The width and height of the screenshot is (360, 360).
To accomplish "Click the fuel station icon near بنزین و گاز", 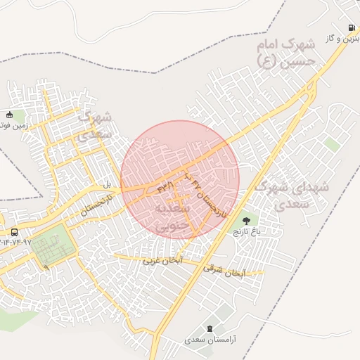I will pos(349,28).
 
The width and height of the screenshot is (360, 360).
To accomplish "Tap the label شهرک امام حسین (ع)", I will pos(288,53).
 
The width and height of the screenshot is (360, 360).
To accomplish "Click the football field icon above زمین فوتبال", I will pos(9,115).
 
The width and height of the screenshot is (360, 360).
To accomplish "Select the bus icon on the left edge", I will pos(15,233).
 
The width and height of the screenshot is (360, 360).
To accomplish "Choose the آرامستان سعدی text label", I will pos(211,339).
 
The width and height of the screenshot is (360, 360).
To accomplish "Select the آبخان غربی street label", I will pos(163,260).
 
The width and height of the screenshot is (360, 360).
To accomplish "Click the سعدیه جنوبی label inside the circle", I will pos(172,217).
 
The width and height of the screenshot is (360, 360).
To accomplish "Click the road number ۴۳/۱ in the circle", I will pos(166,188).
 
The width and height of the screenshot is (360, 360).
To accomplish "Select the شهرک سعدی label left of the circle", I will pos(93,124).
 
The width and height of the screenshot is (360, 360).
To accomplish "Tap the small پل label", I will pos(107,184).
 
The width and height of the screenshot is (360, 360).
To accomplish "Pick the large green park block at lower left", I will pos(51,247).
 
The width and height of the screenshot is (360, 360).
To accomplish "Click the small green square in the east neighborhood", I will pos(333,144).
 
